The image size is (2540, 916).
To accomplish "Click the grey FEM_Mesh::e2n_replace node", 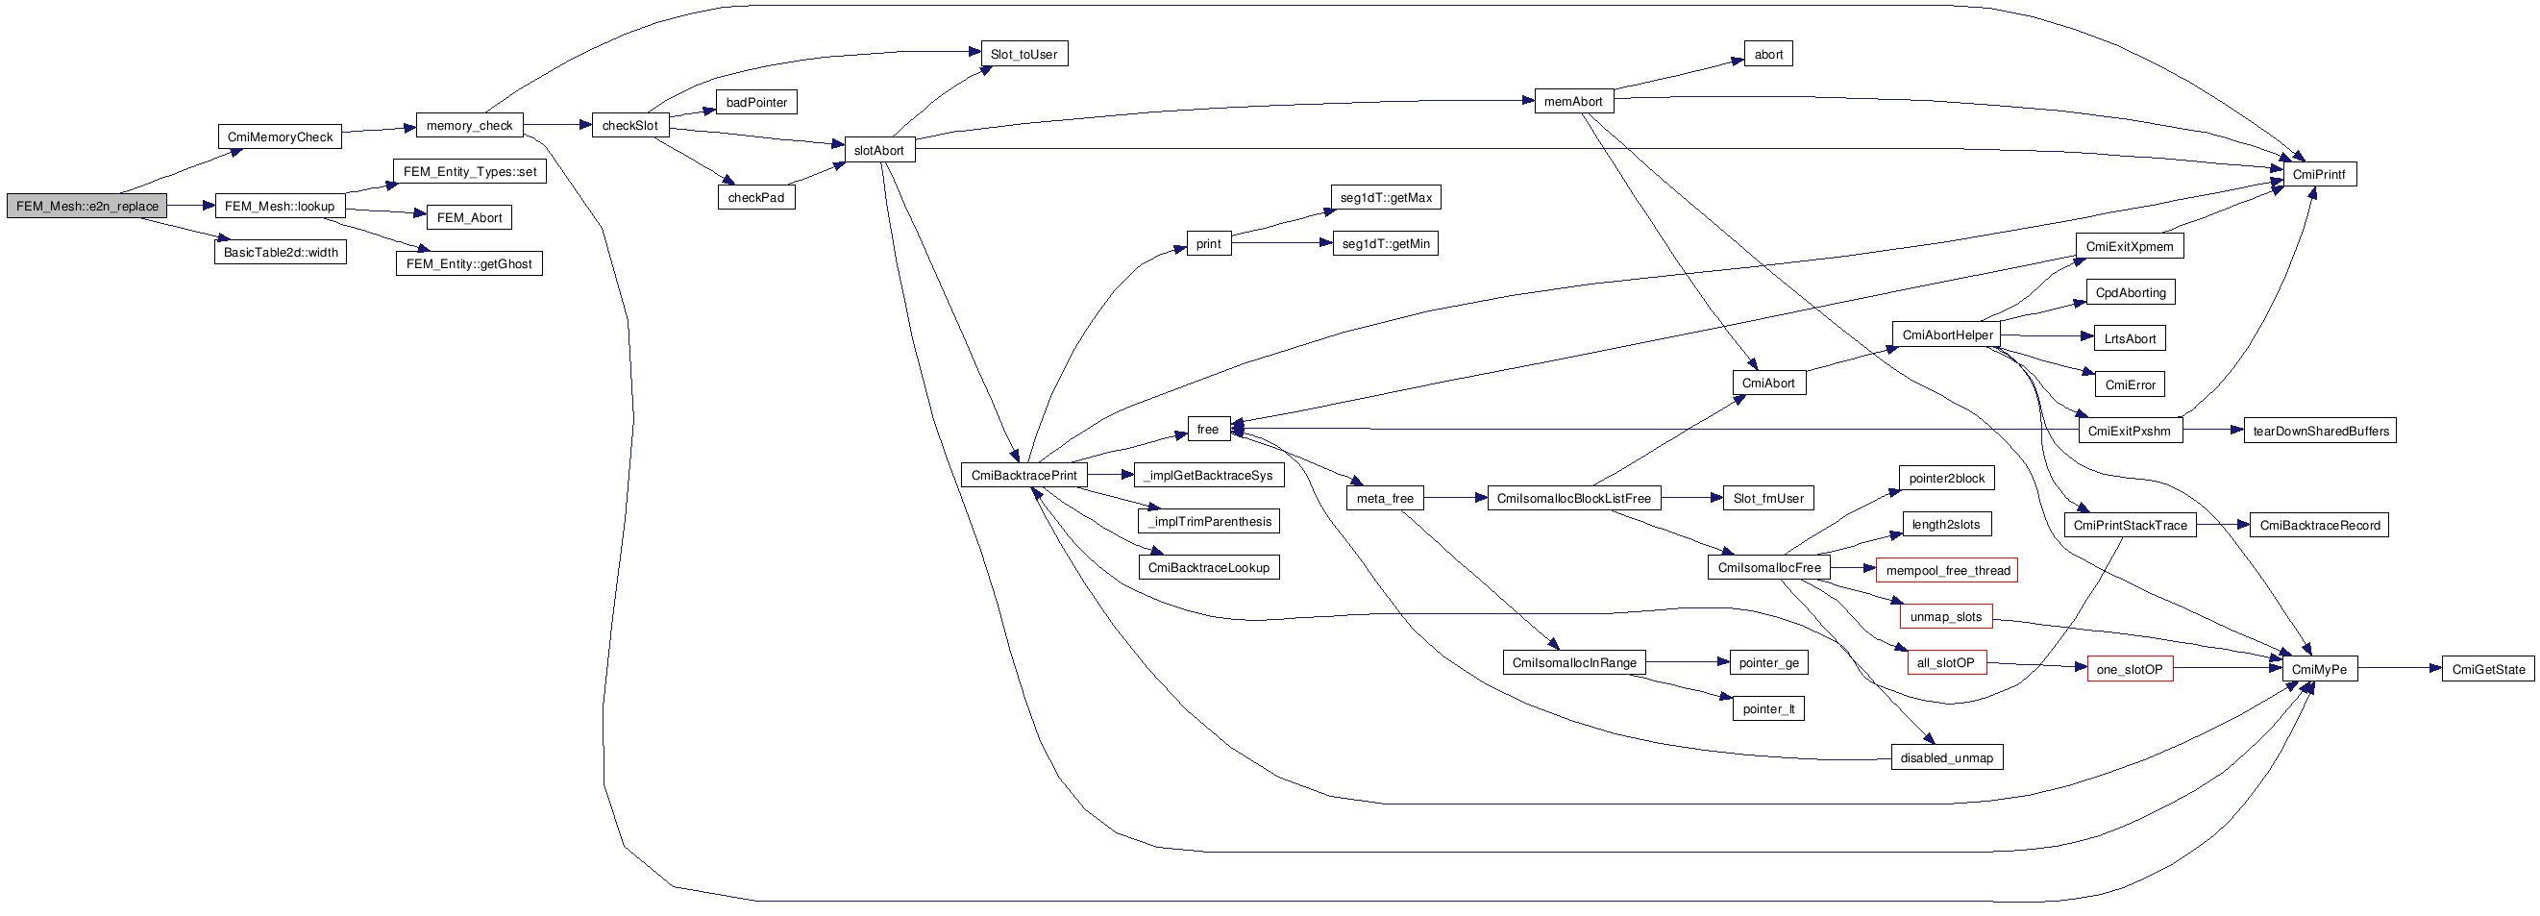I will coord(86,206).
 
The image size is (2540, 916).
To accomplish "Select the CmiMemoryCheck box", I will coord(280,137).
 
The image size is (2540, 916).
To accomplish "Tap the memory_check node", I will coord(469,125).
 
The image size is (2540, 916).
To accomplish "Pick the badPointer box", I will coord(756,103).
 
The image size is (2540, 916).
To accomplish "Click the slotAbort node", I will coord(878,150).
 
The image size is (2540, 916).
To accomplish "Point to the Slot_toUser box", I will coord(1023,54).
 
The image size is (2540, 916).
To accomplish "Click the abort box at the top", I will coord(1768,54).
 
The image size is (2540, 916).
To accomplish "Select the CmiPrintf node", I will coord(2319,175).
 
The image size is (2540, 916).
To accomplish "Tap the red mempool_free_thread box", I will coord(1947,571).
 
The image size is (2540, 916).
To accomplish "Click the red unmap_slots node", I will coord(1945,617).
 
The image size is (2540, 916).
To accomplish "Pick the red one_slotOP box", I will coord(2130,670).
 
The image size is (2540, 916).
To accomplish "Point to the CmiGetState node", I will coord(2488,670).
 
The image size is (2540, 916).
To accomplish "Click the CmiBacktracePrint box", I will coord(1023,475).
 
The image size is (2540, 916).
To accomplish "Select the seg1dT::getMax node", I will coord(1386,197).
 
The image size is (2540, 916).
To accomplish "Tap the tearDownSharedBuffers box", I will coord(2320,431).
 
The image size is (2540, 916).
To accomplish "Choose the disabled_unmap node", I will coord(1946,758).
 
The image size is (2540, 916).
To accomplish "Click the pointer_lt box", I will coord(1768,709).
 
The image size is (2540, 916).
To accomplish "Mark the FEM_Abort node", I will coord(469,218).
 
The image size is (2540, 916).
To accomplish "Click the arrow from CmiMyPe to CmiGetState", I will coord(2400,669).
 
